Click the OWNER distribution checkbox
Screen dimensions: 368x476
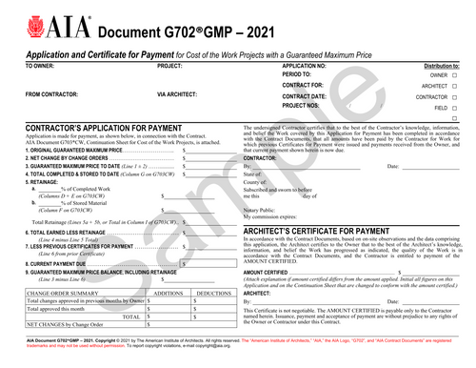(x=455, y=74)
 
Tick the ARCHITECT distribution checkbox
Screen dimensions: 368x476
(x=455, y=86)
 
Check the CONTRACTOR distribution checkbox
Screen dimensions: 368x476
(x=455, y=97)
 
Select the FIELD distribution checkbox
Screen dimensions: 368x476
(x=455, y=109)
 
